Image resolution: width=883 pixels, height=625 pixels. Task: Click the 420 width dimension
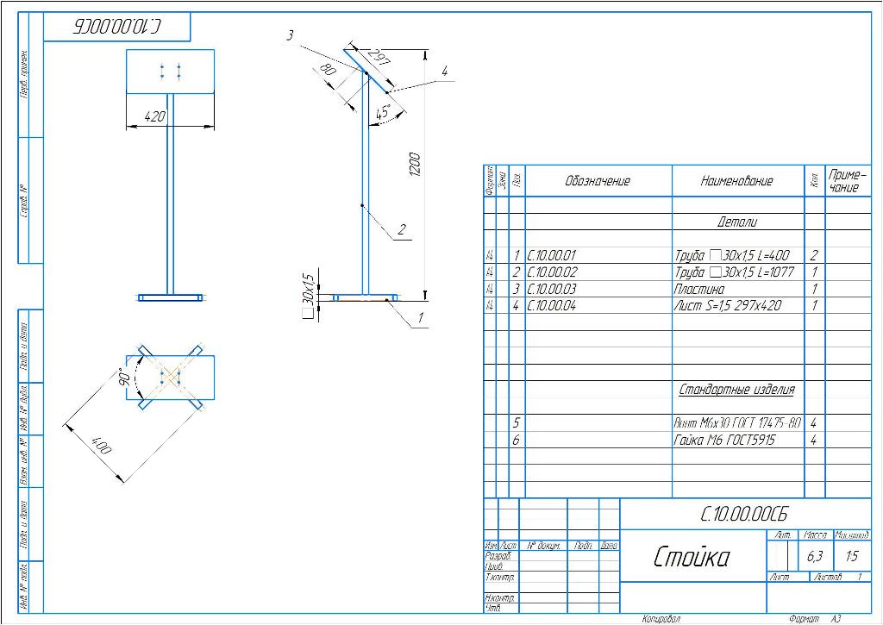[154, 117]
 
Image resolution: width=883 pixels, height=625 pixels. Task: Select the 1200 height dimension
[415, 165]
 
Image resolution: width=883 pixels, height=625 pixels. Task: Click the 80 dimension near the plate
[328, 70]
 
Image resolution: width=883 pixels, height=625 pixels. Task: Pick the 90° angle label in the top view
[126, 378]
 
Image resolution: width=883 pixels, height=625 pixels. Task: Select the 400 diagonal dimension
[101, 447]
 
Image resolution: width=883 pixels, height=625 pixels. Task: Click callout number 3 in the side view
[291, 34]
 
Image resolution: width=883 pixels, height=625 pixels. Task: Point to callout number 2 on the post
[401, 230]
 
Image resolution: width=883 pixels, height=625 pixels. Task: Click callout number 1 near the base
[420, 318]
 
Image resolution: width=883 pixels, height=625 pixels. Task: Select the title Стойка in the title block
[692, 556]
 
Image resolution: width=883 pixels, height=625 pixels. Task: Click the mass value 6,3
[814, 556]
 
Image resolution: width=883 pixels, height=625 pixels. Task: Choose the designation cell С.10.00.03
[552, 289]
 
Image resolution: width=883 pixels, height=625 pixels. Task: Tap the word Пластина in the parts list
[699, 289]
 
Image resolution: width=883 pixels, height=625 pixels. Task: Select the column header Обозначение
[598, 181]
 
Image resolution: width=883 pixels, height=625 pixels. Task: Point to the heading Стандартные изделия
[736, 389]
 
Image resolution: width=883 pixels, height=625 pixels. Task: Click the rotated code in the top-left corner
[116, 28]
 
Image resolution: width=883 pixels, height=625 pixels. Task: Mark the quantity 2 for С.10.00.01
[813, 255]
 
